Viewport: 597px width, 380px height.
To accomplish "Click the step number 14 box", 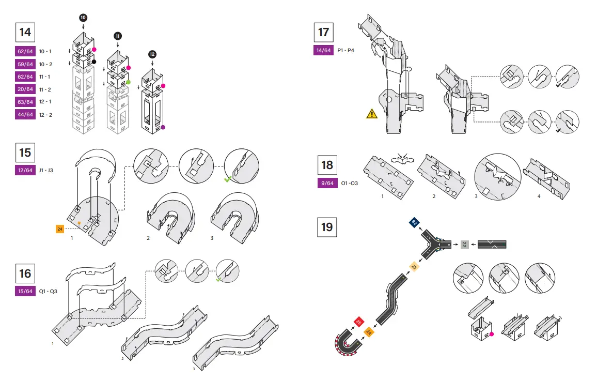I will point(25,32).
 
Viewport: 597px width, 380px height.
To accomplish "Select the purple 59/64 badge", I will point(25,64).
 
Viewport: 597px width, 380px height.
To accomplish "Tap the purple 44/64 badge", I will point(25,114).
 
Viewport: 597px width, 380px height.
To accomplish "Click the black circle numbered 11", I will point(118,36).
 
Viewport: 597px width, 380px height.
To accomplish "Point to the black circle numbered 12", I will point(152,54).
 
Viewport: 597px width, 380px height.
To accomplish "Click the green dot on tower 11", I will point(128,82).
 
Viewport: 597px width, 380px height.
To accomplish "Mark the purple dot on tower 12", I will point(163,127).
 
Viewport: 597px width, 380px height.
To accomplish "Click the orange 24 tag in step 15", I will point(60,228).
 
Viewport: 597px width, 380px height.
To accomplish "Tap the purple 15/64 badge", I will point(25,291).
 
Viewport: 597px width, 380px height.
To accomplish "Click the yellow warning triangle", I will point(372,114).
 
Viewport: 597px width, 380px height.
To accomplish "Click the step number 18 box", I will point(327,165).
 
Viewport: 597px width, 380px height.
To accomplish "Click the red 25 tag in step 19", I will point(358,322).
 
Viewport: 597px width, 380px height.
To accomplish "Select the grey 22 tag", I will point(465,244).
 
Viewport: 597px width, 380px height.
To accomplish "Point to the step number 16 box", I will point(25,273).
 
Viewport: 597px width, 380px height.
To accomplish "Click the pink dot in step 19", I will point(491,335).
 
